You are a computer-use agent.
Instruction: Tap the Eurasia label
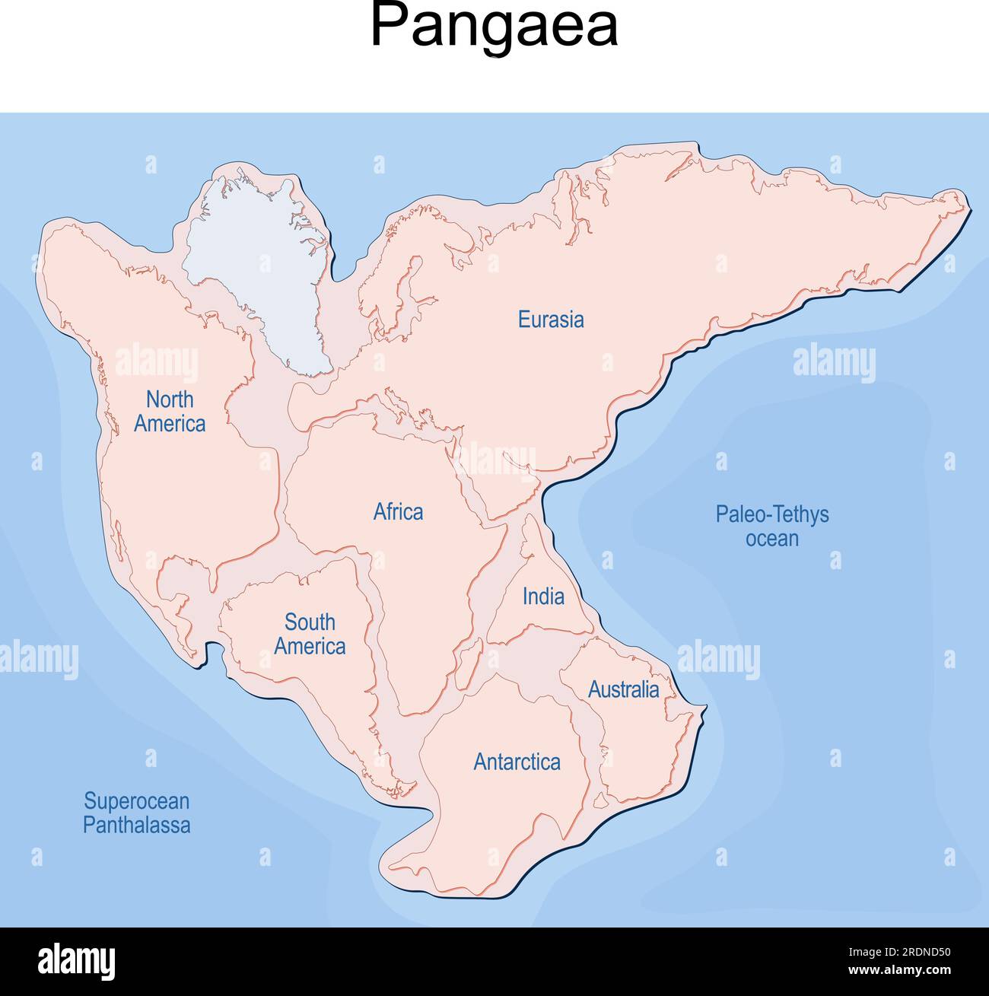tap(551, 320)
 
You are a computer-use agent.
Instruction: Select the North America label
tap(170, 412)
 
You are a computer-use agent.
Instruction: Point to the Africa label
tap(398, 512)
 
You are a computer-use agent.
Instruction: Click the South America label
tap(310, 634)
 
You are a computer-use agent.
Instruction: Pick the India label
tap(543, 597)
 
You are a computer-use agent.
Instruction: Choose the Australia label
tap(623, 690)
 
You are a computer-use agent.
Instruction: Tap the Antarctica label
tap(517, 762)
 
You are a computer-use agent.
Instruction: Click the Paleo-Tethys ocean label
tap(771, 527)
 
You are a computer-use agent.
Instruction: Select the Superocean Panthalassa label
tap(136, 813)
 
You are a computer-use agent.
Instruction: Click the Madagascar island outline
tap(469, 659)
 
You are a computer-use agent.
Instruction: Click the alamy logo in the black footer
tap(76, 962)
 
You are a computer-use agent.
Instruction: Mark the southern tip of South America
tap(396, 791)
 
